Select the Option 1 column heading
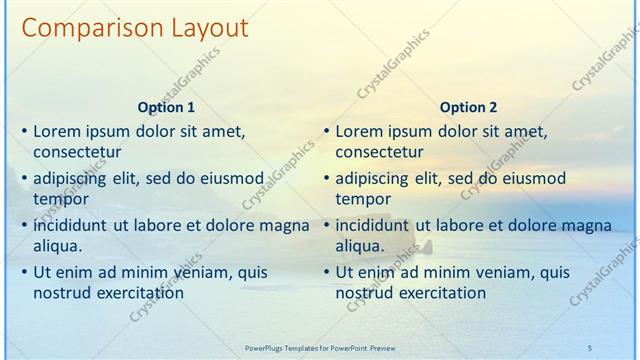[x=165, y=108]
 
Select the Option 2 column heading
[x=467, y=108]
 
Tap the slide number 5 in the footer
[x=589, y=347]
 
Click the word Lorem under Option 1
[x=57, y=131]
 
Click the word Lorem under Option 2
[x=359, y=131]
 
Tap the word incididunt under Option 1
[x=72, y=225]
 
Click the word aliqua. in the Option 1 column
[x=58, y=245]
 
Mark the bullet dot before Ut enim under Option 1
[x=23, y=272]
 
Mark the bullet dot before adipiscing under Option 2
[x=325, y=179]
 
